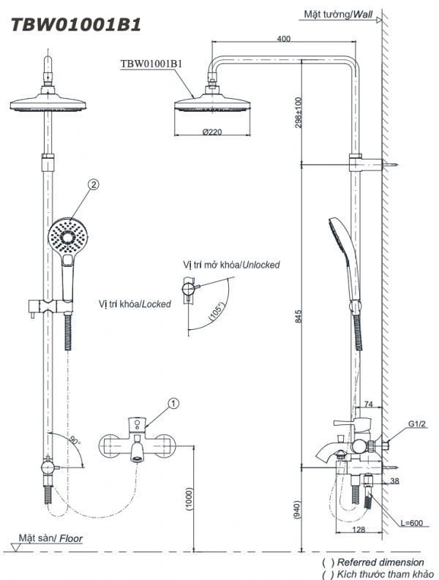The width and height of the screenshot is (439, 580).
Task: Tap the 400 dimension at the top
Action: (284, 38)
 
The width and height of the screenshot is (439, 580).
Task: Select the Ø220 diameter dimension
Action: (211, 132)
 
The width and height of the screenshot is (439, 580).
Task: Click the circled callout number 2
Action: (93, 186)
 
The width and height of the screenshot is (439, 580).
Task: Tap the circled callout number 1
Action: (173, 402)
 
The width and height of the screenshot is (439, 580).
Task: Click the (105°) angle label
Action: (215, 314)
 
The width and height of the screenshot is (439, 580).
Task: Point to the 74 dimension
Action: (367, 404)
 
